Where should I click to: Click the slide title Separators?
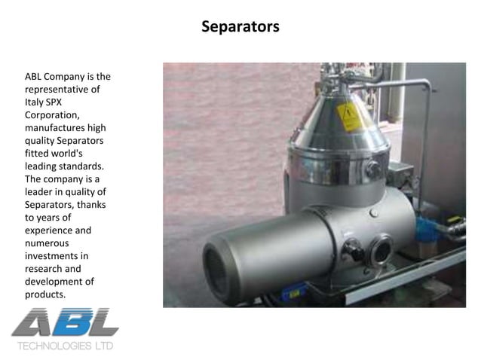click(x=240, y=27)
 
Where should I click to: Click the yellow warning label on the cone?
click(x=350, y=117)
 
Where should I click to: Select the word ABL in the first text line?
click(x=35, y=77)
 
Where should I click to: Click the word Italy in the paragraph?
click(x=36, y=102)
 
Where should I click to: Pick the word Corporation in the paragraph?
click(x=51, y=114)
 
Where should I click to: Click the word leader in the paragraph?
click(x=39, y=191)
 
